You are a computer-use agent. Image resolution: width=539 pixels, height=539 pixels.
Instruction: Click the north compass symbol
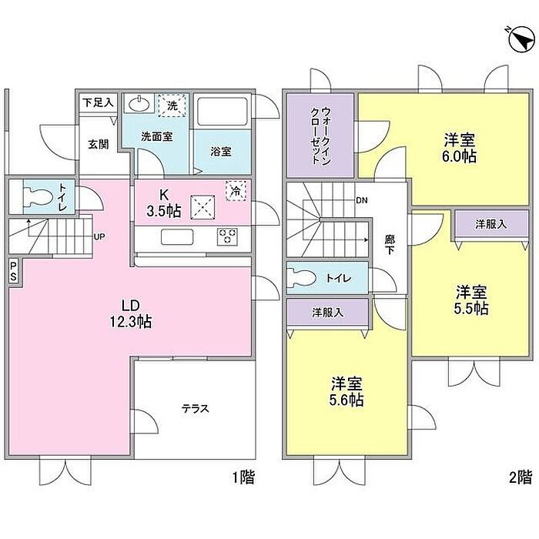[521, 39]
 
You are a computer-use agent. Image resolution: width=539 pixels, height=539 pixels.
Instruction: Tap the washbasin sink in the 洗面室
[139, 103]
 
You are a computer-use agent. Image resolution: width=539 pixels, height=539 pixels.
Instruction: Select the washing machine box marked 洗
[172, 105]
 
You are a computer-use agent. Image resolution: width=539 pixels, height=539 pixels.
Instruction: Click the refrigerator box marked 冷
[236, 191]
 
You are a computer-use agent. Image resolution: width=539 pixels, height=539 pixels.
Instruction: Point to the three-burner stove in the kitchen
[227, 236]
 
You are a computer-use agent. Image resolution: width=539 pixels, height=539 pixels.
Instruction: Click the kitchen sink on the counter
[177, 237]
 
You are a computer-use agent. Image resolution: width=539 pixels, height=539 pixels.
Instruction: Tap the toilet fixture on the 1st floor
[38, 196]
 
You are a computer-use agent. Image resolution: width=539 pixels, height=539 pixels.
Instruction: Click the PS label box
[13, 271]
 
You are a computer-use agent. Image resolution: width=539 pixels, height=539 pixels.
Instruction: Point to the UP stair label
[99, 236]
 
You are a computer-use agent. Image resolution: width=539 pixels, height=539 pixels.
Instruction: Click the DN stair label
[362, 200]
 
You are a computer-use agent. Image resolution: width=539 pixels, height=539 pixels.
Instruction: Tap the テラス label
[196, 409]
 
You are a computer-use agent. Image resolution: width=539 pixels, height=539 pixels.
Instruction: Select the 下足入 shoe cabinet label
[98, 102]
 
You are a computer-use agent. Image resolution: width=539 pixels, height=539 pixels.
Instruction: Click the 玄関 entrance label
[99, 144]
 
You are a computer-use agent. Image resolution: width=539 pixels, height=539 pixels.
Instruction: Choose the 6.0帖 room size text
[459, 157]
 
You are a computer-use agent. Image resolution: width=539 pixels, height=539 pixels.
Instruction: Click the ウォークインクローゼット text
[321, 136]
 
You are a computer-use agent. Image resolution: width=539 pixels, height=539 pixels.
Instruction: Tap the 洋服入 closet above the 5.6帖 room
[327, 313]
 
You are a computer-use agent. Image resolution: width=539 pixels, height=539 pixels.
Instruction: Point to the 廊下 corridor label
[390, 244]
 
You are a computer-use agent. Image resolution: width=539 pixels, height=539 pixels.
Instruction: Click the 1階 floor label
[244, 478]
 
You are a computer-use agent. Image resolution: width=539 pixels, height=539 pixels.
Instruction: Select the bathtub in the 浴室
[223, 112]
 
